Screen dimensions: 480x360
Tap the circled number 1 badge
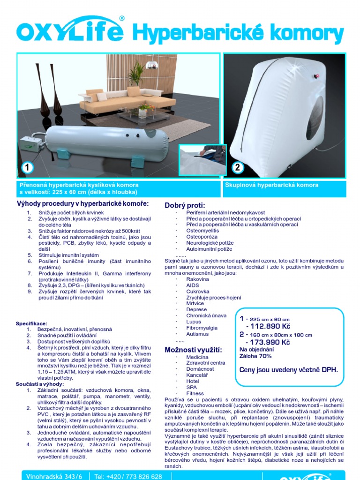pos(28,167)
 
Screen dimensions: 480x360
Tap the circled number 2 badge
pos(237,167)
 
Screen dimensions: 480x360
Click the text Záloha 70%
pos(255,356)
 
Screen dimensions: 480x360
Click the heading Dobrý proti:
pos(185,205)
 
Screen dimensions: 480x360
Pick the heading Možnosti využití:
pos(187,350)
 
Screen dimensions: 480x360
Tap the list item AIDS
pos(193,285)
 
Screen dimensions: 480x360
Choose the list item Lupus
pos(194,322)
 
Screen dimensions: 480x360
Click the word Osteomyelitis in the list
pos(202,231)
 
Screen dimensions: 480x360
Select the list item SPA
pos(192,387)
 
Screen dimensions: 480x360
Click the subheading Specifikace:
pos(31,323)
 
